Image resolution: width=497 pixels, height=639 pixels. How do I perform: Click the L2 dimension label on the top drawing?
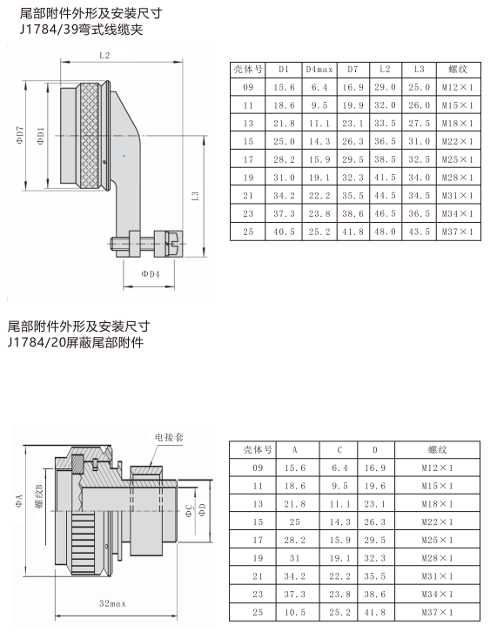[x=104, y=56]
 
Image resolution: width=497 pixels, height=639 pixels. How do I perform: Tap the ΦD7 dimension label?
[x=20, y=135]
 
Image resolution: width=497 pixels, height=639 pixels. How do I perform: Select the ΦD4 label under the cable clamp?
[x=151, y=274]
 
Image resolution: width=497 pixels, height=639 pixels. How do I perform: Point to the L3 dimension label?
[x=196, y=196]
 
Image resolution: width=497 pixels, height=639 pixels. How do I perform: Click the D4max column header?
[x=319, y=70]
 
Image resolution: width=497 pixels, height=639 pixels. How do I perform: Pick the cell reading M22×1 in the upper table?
[x=458, y=141]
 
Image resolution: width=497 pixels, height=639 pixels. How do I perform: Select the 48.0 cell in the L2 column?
[x=386, y=232]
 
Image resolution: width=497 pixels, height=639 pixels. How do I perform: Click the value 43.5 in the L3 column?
[x=420, y=232]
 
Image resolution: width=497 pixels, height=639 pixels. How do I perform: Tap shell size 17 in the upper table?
[x=248, y=159]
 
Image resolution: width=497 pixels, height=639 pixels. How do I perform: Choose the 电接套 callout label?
[x=169, y=437]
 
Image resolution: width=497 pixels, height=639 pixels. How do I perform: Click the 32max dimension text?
[x=113, y=603]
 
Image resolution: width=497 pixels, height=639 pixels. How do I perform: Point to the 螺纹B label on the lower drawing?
[x=39, y=496]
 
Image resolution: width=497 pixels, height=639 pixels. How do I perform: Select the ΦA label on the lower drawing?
[x=19, y=501]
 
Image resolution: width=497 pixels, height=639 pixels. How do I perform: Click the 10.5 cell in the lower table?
[x=294, y=612]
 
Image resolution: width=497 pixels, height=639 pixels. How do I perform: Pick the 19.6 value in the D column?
[x=375, y=486]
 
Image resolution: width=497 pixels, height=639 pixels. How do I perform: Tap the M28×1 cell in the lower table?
[x=437, y=558]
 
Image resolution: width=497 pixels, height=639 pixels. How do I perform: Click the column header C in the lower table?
[x=339, y=450]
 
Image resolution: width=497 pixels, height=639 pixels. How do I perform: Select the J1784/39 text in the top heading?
[x=49, y=30]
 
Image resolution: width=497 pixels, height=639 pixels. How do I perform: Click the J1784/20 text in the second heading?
[x=37, y=342]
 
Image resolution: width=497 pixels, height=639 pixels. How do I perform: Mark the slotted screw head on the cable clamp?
[x=177, y=244]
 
